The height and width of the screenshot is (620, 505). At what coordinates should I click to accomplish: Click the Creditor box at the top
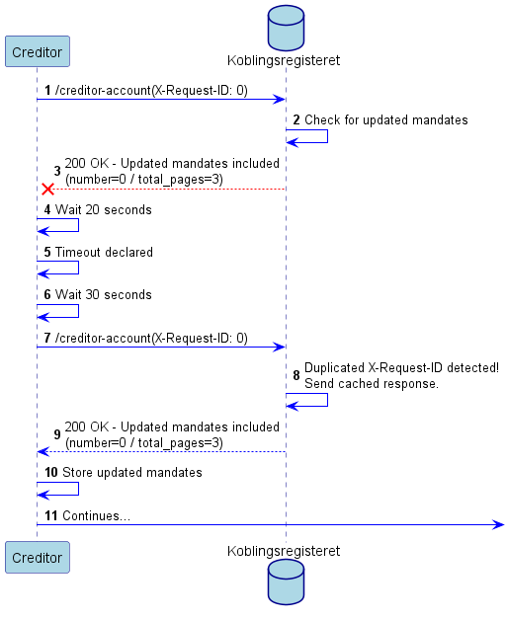38,51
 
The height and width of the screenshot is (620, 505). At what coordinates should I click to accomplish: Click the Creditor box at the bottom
38,557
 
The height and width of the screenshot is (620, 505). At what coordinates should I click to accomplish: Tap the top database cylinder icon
286,28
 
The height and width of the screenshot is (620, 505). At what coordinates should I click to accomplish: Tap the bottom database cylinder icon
286,581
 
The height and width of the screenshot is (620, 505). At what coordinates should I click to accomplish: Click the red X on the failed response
47,189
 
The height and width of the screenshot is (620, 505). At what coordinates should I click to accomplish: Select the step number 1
47,90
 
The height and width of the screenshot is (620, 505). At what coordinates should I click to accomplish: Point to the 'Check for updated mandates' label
385,119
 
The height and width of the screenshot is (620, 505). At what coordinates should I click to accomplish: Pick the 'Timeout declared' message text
104,252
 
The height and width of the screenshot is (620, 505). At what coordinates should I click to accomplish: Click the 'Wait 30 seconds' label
104,294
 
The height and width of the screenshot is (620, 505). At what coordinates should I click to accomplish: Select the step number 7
47,338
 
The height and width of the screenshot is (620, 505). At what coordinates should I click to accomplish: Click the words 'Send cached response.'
372,383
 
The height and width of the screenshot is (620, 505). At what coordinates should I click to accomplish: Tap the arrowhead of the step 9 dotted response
42,451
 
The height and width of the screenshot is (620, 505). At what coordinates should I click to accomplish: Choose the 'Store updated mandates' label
132,472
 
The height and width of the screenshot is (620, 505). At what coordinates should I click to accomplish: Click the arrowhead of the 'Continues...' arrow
499,524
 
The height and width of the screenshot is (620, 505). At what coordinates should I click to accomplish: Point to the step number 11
51,515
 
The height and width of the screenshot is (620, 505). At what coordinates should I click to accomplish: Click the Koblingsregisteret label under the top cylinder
284,60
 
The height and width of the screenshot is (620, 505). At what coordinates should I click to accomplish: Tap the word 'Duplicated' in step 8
334,367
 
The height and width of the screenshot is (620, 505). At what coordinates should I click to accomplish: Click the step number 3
57,171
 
